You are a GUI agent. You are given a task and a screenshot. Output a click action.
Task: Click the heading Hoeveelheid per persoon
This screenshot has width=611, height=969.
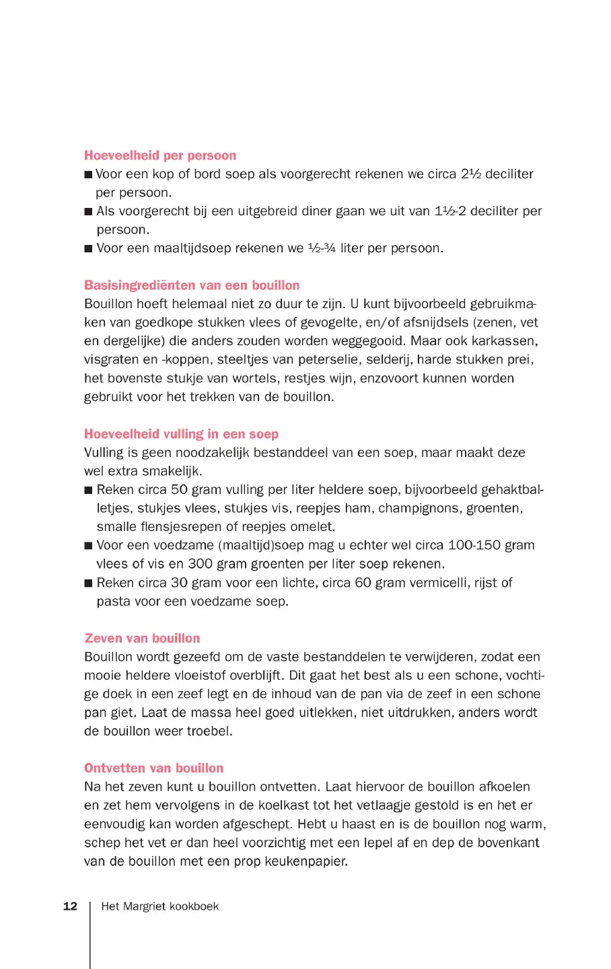coord(160,155)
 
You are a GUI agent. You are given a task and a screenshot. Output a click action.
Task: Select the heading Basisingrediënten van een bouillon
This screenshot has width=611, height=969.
coord(192,285)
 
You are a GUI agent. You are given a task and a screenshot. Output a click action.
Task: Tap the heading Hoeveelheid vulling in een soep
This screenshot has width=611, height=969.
coord(181,434)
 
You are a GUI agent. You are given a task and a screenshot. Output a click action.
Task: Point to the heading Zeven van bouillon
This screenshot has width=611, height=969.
coord(142,639)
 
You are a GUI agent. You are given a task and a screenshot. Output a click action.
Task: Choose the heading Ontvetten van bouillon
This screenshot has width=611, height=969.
coord(153,768)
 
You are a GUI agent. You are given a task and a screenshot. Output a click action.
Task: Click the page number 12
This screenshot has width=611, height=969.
coord(70,906)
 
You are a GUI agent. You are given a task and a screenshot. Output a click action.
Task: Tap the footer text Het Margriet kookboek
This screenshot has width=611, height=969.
coord(160,906)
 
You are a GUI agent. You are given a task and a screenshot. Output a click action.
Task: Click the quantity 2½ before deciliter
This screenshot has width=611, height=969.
coord(471,174)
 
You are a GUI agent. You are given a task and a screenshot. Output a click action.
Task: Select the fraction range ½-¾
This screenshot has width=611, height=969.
coord(322,248)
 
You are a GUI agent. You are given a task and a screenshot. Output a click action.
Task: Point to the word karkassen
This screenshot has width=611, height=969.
coord(504,341)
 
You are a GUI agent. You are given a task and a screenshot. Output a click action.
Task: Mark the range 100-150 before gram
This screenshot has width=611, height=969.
coord(474,546)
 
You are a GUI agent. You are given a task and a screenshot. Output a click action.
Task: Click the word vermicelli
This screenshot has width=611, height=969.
coord(437,583)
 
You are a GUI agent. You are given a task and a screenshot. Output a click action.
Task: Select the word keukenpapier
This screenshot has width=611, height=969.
coord(306,861)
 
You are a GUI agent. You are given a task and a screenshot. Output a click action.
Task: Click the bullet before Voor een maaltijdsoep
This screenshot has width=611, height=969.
coord(88,249)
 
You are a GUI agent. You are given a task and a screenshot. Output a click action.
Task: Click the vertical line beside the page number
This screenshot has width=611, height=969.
coord(90,935)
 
